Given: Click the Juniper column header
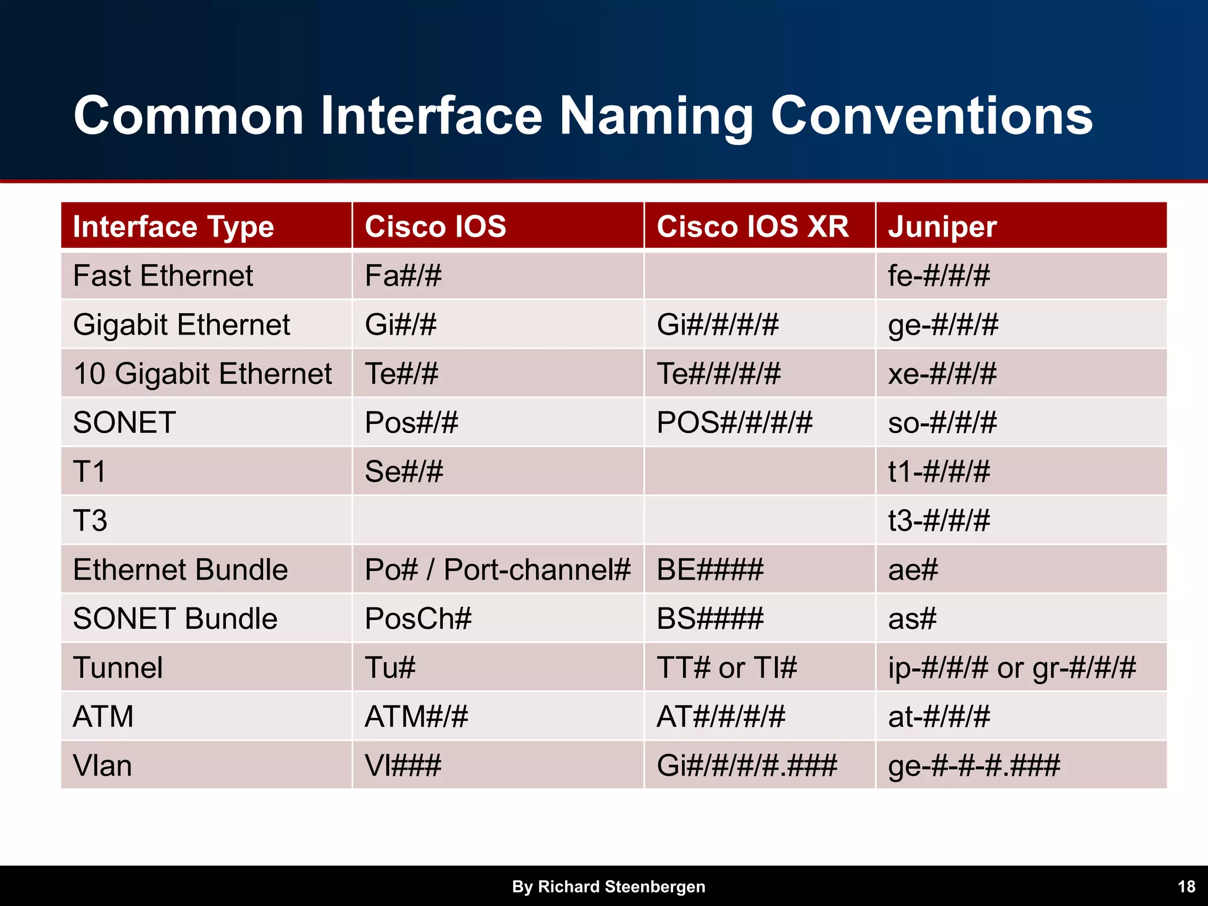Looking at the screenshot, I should tap(942, 226).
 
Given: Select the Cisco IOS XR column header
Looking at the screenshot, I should tap(753, 226).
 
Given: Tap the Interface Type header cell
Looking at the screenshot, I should tap(173, 227).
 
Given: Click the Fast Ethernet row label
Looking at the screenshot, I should tap(163, 275).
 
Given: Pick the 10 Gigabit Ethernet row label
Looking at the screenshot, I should tap(202, 373).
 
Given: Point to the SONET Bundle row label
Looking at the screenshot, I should tap(175, 619).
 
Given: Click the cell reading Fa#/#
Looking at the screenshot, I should tap(403, 275).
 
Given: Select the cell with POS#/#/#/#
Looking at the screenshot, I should tap(734, 422).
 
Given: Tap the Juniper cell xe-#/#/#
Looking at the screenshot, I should tap(942, 373).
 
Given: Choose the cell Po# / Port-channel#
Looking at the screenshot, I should tap(497, 570).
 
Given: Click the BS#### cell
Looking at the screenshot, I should tap(710, 619).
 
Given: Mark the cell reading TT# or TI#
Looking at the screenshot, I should tap(727, 668).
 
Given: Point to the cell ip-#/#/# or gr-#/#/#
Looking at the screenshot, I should tap(1012, 668).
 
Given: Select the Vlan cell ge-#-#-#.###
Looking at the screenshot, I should tap(974, 766).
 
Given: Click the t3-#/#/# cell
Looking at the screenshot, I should tap(938, 520).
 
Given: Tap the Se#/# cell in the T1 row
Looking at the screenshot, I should tap(403, 471).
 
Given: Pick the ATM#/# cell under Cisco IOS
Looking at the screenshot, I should tap(416, 717).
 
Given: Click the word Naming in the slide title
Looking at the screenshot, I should tap(655, 116).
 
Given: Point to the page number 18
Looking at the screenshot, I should tap(1186, 887).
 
